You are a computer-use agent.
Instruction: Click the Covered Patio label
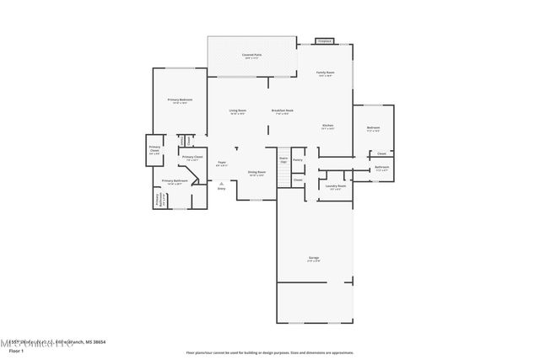(251, 56)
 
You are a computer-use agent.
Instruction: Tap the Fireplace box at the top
(325, 40)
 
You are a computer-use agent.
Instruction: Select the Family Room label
(326, 73)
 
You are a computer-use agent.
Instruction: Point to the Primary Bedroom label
(180, 100)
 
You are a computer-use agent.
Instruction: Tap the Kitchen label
(327, 126)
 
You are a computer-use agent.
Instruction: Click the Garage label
(314, 259)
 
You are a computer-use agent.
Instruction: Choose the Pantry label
(298, 159)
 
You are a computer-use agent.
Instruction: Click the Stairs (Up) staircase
(283, 160)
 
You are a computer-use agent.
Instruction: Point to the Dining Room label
(256, 174)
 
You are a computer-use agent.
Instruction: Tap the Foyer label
(222, 163)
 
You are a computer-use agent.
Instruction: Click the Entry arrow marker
(222, 184)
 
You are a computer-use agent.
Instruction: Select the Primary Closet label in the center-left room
(192, 157)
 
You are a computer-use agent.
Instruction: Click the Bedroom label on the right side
(373, 128)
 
